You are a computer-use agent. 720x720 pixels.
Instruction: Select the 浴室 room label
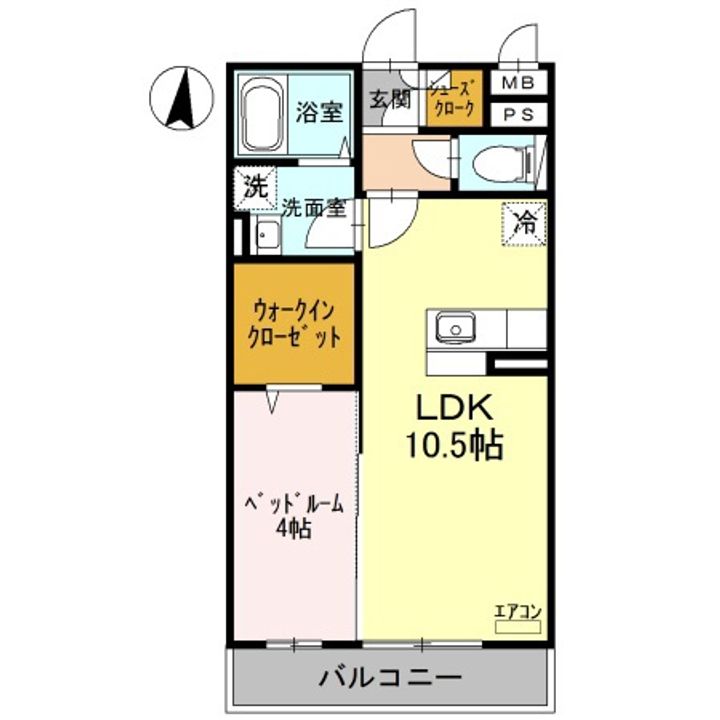[319, 112]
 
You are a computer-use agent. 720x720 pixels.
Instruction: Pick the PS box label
[517, 114]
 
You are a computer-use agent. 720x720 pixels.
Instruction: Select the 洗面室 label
[314, 209]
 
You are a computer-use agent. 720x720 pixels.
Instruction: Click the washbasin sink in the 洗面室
[266, 237]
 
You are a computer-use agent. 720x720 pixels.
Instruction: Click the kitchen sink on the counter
[456, 327]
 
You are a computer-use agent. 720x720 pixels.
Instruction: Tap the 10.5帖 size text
[453, 443]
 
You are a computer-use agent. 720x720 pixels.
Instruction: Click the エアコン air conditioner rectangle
[518, 625]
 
